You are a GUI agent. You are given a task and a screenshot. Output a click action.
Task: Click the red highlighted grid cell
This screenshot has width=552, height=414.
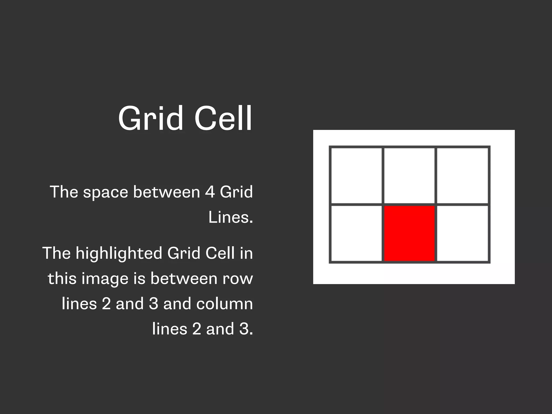[x=409, y=233]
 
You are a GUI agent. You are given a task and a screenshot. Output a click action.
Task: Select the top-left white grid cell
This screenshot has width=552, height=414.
[x=356, y=175]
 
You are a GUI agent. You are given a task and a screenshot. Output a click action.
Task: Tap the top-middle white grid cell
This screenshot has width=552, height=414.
[x=409, y=175]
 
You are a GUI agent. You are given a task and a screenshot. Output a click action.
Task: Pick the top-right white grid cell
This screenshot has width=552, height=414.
[x=462, y=175]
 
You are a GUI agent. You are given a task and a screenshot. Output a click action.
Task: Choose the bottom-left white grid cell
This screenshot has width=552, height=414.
[x=356, y=233]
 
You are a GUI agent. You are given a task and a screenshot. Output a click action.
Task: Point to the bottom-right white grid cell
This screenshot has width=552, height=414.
[x=462, y=233]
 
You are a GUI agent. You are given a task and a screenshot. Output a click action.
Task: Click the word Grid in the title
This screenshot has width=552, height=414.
[x=150, y=119]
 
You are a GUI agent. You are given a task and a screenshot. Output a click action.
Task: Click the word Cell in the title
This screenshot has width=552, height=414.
[x=223, y=119]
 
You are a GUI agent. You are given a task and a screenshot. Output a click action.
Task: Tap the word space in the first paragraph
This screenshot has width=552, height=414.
[x=105, y=192]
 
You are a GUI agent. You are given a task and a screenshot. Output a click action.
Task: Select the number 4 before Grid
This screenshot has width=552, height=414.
[x=210, y=192]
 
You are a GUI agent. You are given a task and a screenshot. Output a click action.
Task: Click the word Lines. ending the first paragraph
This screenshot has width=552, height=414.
[x=231, y=217]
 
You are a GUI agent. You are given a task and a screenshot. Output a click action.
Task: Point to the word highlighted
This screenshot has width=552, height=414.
[x=119, y=253]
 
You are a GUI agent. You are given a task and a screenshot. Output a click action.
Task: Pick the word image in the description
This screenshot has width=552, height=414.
[x=105, y=279]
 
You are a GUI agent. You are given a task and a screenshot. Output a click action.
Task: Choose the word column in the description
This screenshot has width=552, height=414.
[x=225, y=304]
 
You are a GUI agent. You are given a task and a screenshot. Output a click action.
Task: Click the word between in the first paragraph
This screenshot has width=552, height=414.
[x=166, y=192]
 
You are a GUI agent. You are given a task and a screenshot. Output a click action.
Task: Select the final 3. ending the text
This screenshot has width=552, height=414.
[x=246, y=329]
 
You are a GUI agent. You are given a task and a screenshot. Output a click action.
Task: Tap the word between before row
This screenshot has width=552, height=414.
[x=184, y=278]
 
